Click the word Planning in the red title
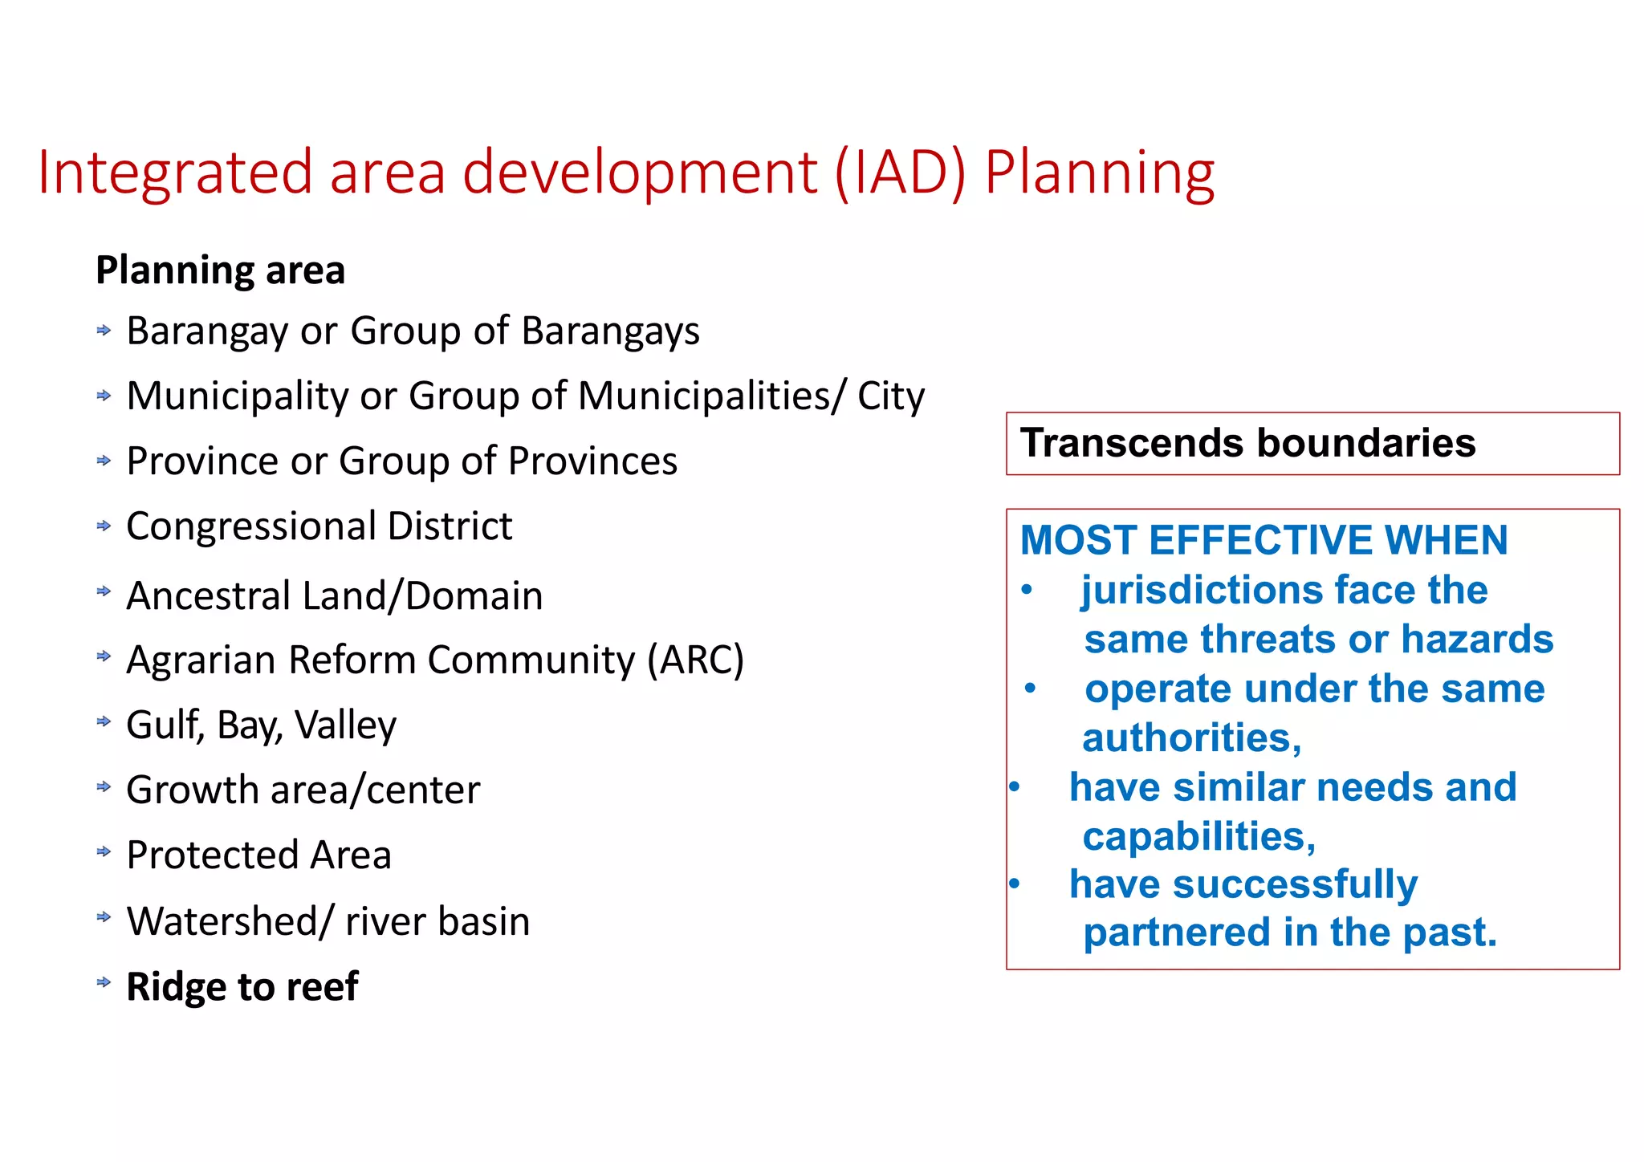(x=1099, y=173)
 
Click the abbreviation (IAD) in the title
(x=900, y=173)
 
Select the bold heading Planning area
(x=220, y=270)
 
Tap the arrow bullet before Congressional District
(x=104, y=526)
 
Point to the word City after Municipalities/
(x=890, y=396)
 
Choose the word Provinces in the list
(x=592, y=461)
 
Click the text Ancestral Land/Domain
(x=334, y=596)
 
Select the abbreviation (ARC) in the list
(x=696, y=660)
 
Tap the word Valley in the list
(x=345, y=725)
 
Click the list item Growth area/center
(x=303, y=790)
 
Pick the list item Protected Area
(x=258, y=855)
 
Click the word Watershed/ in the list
(x=229, y=921)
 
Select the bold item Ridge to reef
(x=242, y=987)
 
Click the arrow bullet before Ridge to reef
(x=104, y=982)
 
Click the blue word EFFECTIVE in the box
(x=1260, y=540)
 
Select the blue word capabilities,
(x=1198, y=837)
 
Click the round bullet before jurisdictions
(x=1027, y=590)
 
